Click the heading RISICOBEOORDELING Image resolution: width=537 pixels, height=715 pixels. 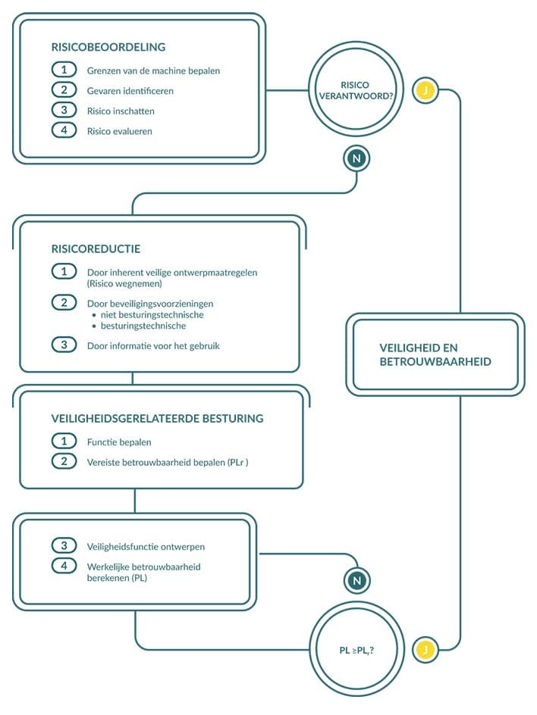pyautogui.click(x=108, y=47)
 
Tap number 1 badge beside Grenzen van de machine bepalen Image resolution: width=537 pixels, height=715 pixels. pyautogui.click(x=64, y=70)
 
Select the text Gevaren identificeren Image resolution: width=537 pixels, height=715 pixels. pyautogui.click(x=130, y=91)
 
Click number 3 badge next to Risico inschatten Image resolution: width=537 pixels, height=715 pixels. pyautogui.click(x=64, y=111)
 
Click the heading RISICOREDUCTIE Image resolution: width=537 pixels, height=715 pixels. pyautogui.click(x=96, y=248)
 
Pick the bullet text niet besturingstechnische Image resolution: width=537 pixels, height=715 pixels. pyautogui.click(x=152, y=314)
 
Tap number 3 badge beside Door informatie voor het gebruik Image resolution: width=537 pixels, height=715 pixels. pyautogui.click(x=64, y=345)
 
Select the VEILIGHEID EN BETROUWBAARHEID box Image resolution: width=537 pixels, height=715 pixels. pyautogui.click(x=435, y=354)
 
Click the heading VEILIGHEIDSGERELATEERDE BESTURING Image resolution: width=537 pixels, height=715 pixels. pyautogui.click(x=157, y=417)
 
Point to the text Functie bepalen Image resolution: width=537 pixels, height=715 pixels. pyautogui.click(x=119, y=442)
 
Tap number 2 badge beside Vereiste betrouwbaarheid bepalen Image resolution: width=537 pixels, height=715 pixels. pyautogui.click(x=64, y=461)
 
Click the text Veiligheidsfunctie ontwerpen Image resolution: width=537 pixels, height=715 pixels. pyautogui.click(x=146, y=545)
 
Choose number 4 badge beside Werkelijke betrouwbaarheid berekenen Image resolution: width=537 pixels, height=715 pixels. pyautogui.click(x=64, y=566)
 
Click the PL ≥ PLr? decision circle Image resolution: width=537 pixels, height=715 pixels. pyautogui.click(x=360, y=649)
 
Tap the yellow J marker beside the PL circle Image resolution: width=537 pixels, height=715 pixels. pyautogui.click(x=426, y=649)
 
